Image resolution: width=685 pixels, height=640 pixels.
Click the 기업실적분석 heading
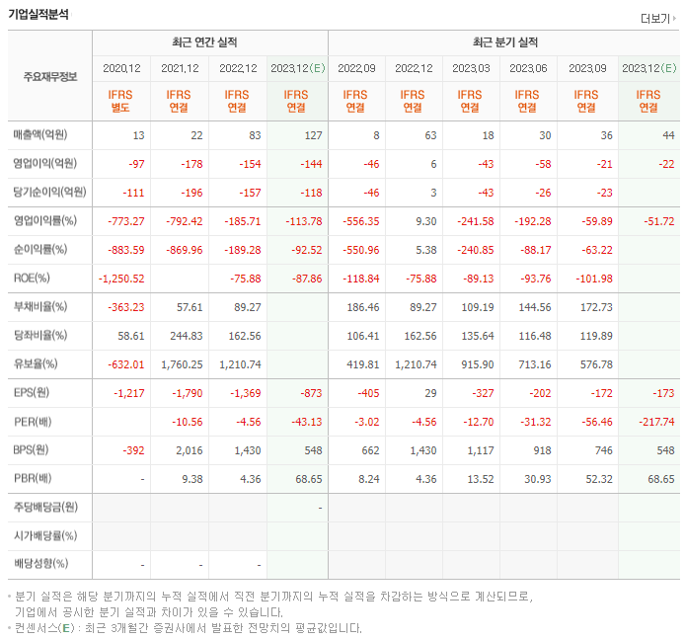[38, 14]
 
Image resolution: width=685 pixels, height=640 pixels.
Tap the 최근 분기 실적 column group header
[503, 43]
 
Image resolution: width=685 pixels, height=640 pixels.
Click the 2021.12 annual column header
[179, 69]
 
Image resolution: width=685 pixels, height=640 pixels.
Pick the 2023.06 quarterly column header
[528, 69]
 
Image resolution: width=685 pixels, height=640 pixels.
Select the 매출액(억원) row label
[46, 135]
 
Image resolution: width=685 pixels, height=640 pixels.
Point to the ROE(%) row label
[32, 279]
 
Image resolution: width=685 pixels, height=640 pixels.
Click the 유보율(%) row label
[36, 363]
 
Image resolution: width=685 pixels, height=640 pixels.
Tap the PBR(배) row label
[34, 478]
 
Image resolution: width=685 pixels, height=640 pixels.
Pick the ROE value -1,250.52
[121, 279]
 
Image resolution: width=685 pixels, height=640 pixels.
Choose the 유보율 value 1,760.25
[179, 363]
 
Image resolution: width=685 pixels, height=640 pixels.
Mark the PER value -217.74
[654, 421]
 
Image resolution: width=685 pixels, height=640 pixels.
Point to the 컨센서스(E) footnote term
[41, 627]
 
